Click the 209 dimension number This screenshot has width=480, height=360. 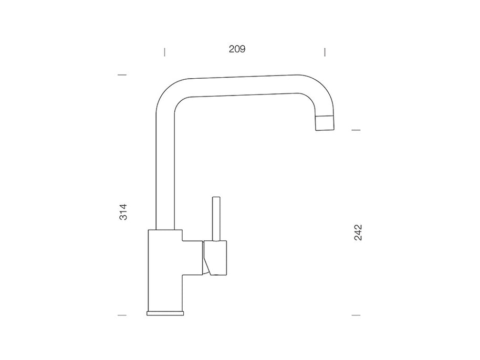[237, 49]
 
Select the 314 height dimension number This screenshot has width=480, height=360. [123, 212]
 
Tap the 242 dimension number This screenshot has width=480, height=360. [358, 232]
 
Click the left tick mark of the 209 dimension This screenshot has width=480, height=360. [165, 52]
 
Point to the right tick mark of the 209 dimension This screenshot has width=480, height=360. [325, 52]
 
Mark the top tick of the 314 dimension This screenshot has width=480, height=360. [122, 75]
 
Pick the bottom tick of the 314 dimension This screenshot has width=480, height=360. [122, 315]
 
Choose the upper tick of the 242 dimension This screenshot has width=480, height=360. [356, 130]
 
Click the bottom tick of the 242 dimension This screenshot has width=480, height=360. [356, 315]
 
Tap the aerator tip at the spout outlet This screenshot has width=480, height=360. [325, 123]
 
